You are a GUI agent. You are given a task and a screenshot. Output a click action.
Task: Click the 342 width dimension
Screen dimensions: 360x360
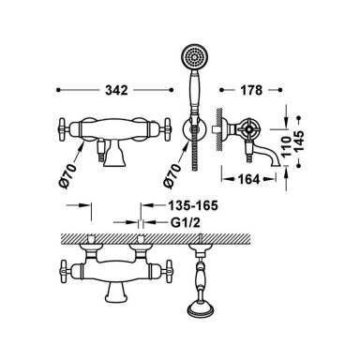(x=116, y=90)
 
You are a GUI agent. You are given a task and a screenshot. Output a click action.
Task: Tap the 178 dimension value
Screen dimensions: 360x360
(x=251, y=90)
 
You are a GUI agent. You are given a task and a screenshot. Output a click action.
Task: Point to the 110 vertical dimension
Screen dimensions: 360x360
(x=288, y=144)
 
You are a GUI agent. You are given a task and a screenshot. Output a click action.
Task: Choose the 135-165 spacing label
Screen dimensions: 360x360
(x=193, y=205)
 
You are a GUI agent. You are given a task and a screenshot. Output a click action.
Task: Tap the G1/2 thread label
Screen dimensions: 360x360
(x=186, y=223)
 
